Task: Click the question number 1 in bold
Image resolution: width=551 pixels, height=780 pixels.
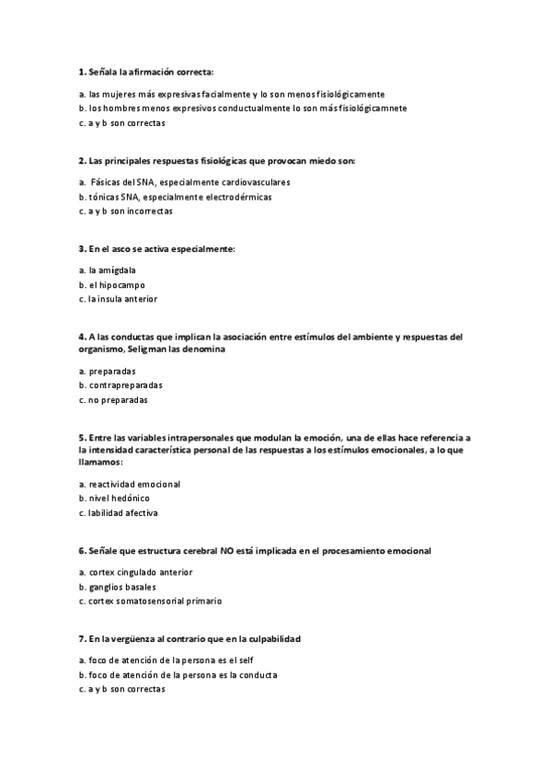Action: tap(82, 72)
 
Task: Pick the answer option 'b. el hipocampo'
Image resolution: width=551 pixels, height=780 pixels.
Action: tap(112, 285)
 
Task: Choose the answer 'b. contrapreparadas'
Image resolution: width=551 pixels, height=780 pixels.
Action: tap(120, 385)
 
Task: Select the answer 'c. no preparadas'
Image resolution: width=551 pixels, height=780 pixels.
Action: tap(113, 400)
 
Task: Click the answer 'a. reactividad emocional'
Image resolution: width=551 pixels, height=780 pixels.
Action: tap(130, 484)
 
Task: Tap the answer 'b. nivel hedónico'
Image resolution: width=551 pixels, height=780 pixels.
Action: tap(115, 498)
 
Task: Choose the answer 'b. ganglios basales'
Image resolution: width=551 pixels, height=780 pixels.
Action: tap(118, 587)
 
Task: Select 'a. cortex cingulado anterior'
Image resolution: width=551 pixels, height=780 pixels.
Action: tap(136, 572)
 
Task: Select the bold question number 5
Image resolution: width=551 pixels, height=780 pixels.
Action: tap(82, 438)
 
